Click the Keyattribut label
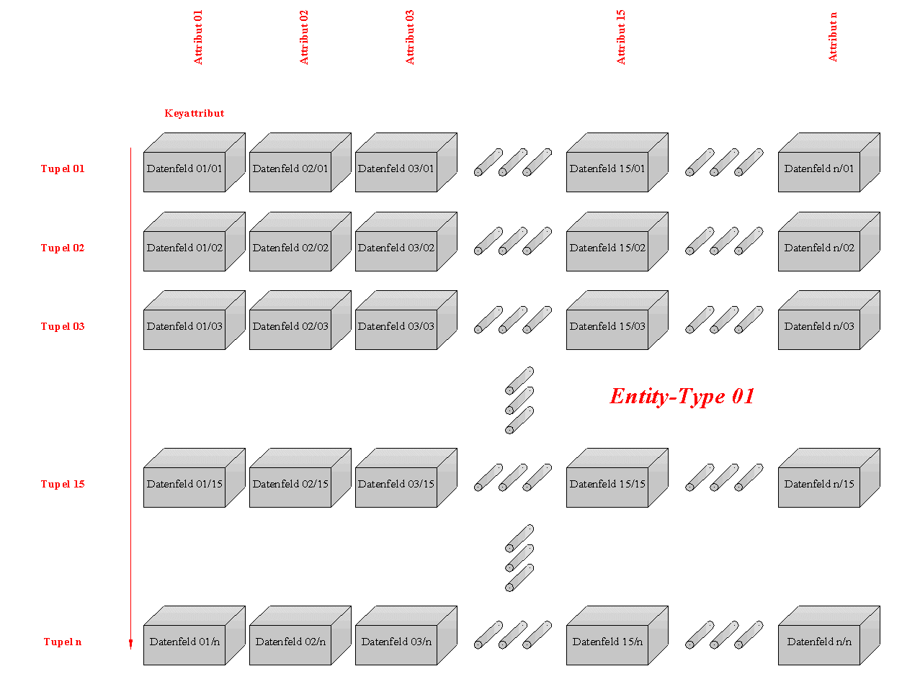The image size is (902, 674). tap(193, 112)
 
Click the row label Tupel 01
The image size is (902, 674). tap(62, 168)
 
